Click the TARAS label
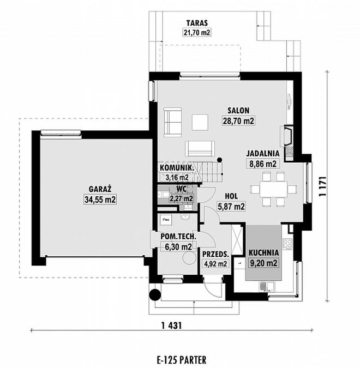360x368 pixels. (197, 23)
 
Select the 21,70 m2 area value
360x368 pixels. (197, 32)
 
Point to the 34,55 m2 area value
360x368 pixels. (100, 200)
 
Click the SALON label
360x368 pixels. (238, 110)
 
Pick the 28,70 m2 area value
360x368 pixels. (238, 121)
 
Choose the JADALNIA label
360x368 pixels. (263, 154)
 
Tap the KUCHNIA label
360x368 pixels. (263, 253)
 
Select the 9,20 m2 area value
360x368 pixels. (263, 263)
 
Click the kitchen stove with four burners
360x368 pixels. (287, 243)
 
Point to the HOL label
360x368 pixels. (231, 196)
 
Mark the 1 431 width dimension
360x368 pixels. (172, 325)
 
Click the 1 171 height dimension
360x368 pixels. (323, 186)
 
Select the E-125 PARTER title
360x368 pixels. (182, 360)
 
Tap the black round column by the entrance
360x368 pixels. (155, 294)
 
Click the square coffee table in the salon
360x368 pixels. (200, 122)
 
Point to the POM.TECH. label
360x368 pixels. (178, 237)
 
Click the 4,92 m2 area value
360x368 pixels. (215, 264)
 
